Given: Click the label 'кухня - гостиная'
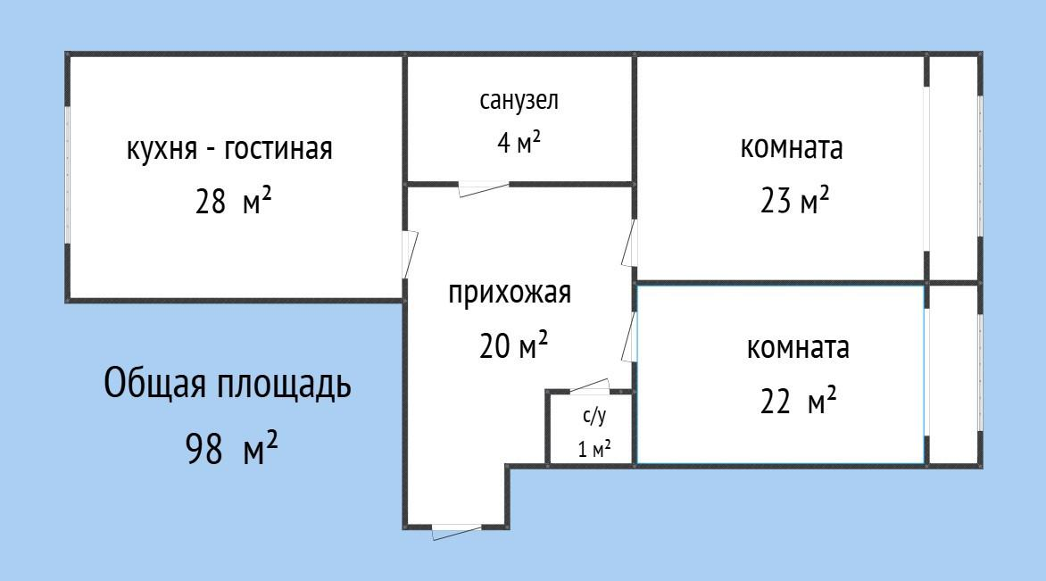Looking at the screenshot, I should click(229, 148).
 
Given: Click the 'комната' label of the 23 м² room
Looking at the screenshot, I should click(791, 147).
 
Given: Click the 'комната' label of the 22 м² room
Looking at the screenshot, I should click(798, 348).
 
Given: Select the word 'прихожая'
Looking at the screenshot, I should click(510, 293).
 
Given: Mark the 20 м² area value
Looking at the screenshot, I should click(514, 345).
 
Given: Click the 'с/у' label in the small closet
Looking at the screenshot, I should click(594, 416).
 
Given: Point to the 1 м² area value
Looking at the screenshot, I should click(594, 449).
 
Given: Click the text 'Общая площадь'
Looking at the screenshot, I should click(228, 385).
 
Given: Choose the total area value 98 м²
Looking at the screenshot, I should click(231, 446).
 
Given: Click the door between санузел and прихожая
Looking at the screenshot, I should click(484, 188).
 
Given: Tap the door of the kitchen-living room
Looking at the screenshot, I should click(409, 254).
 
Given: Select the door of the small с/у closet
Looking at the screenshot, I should click(589, 386).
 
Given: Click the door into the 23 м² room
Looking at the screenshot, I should click(629, 243).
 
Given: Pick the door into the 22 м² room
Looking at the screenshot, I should click(629, 336).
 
